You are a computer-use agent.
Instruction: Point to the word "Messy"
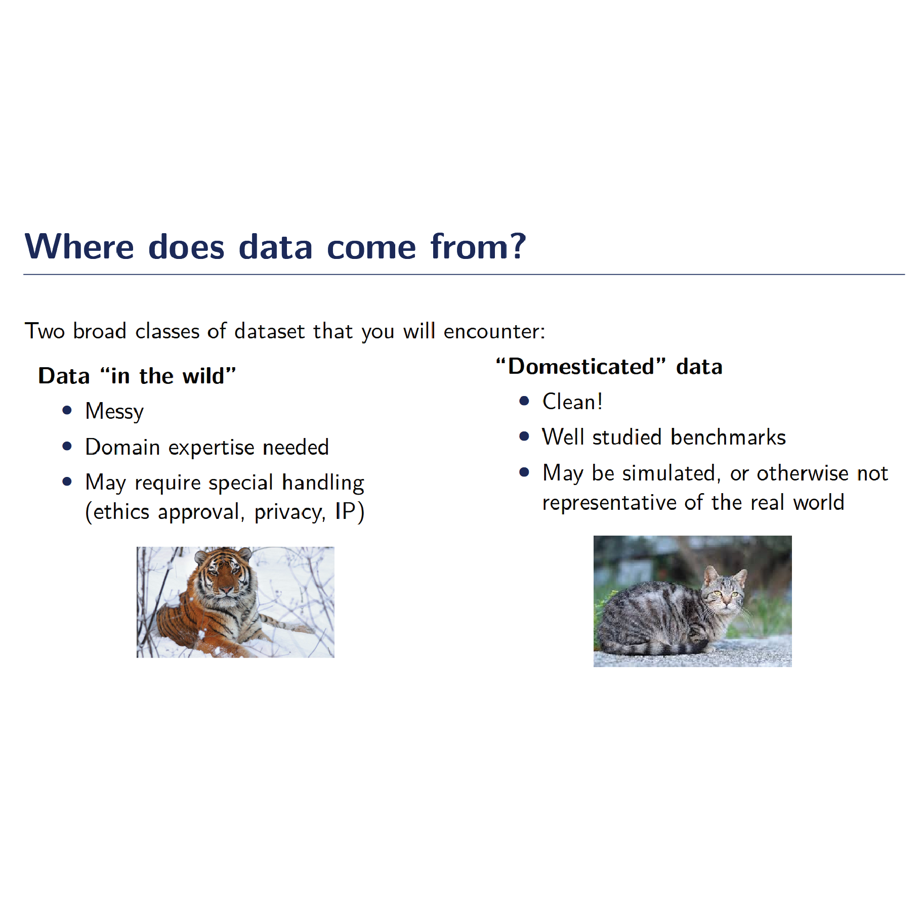click(x=114, y=412)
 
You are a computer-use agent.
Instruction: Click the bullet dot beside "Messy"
click(x=67, y=410)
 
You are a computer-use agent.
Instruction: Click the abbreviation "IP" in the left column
click(x=345, y=511)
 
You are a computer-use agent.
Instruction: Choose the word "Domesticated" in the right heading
click(x=582, y=366)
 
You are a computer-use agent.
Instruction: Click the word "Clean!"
click(x=572, y=402)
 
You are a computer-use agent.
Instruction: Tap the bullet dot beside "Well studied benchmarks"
click(x=524, y=436)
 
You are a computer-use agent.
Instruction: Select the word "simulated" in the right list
click(x=669, y=473)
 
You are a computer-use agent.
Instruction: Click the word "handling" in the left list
click(x=323, y=483)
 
